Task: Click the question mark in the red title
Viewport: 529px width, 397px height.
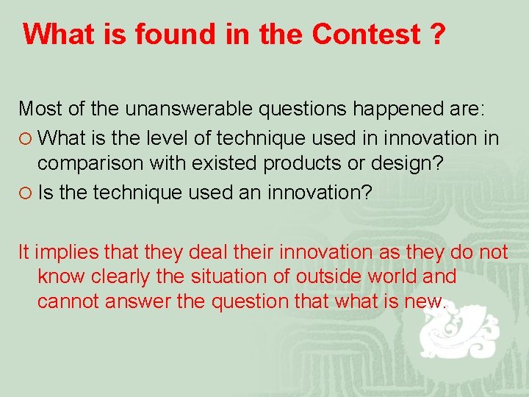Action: (437, 35)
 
